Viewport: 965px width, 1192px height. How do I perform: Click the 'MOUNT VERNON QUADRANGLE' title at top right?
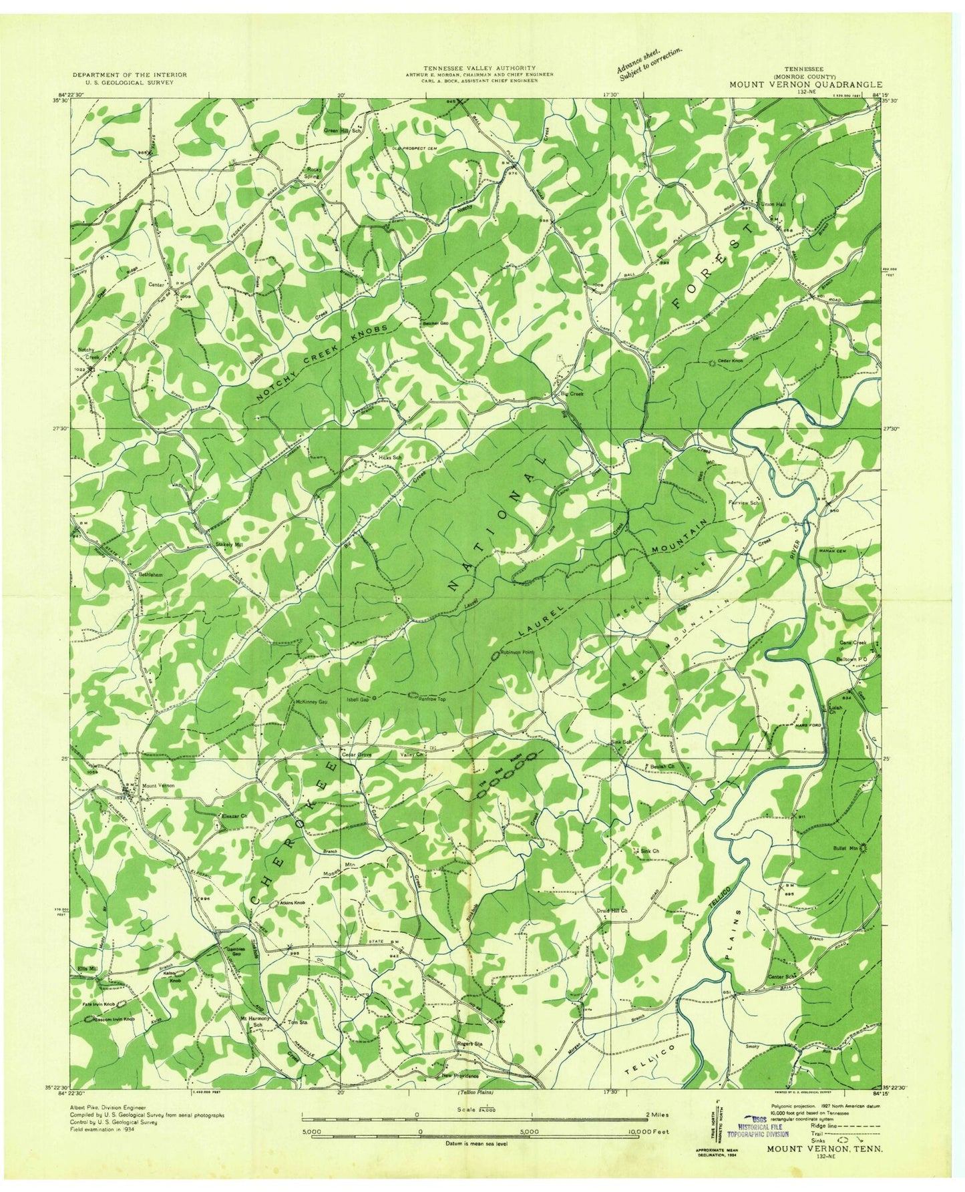point(805,85)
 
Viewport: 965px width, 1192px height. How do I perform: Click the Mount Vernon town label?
point(158,786)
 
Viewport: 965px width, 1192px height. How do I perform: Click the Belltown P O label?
point(852,657)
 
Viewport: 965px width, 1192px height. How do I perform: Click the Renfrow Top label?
point(431,698)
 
